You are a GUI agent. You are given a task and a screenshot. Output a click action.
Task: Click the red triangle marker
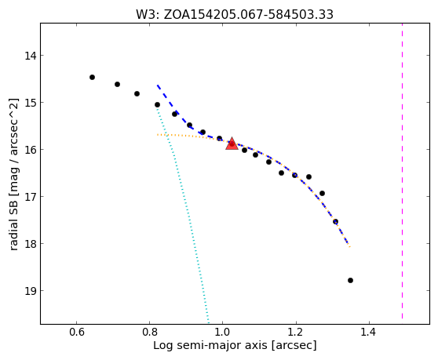(232, 144)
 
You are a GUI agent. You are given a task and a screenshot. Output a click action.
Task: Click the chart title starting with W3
(235, 15)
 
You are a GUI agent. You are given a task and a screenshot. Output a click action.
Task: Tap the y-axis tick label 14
(31, 56)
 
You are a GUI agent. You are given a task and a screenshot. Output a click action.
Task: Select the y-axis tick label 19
(31, 291)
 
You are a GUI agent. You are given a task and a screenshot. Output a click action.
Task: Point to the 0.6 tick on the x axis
(77, 333)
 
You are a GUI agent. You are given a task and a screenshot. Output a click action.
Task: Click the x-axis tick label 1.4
(369, 333)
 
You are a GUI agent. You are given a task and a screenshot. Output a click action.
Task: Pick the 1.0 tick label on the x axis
(223, 333)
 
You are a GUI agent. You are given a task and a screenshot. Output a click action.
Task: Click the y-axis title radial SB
(13, 174)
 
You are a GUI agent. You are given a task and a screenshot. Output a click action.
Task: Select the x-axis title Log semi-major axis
(235, 345)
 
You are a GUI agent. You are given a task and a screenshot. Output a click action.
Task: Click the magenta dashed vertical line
(402, 171)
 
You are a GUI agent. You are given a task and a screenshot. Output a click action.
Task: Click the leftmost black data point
(92, 78)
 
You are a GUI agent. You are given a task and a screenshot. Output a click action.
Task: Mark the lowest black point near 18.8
(351, 281)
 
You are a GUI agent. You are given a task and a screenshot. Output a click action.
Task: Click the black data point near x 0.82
(157, 104)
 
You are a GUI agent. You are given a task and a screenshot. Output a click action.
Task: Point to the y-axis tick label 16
(31, 150)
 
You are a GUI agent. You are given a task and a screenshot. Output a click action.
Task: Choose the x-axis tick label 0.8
(149, 333)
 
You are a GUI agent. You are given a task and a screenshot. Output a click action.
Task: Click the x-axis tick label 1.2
(296, 333)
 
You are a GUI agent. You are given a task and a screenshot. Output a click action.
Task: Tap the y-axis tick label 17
(31, 196)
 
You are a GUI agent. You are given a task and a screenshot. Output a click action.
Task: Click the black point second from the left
(117, 84)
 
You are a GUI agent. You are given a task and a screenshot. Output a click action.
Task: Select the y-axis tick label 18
(31, 244)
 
